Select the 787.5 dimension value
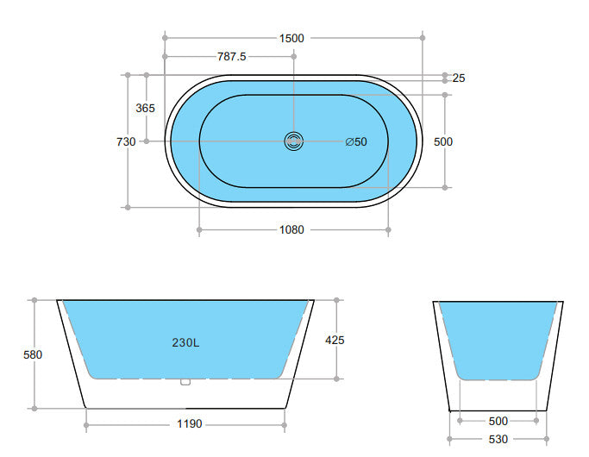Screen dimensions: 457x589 pyautogui.click(x=231, y=57)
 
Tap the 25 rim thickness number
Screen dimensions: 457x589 pyautogui.click(x=459, y=78)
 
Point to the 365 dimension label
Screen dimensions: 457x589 pyautogui.click(x=146, y=108)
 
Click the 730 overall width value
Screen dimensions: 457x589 pyautogui.click(x=126, y=141)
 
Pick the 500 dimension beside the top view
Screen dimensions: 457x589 pyautogui.click(x=443, y=141)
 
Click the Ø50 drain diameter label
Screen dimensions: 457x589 pyautogui.click(x=356, y=141)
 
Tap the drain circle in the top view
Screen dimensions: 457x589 pyautogui.click(x=294, y=141)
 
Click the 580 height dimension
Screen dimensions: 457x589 pyautogui.click(x=33, y=354)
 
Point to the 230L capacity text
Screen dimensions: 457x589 pyautogui.click(x=185, y=342)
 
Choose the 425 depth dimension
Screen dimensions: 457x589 pyautogui.click(x=335, y=340)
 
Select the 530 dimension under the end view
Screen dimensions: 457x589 pyautogui.click(x=498, y=439)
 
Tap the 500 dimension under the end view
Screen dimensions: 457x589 pyautogui.click(x=498, y=421)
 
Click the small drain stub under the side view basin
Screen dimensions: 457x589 pyautogui.click(x=185, y=381)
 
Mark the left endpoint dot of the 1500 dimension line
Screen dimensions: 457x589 pyautogui.click(x=164, y=38)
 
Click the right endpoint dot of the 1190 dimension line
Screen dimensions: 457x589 pyautogui.click(x=285, y=423)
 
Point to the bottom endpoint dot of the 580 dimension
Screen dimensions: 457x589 pyautogui.click(x=34, y=408)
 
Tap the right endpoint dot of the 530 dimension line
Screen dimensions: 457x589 pyautogui.click(x=548, y=439)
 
